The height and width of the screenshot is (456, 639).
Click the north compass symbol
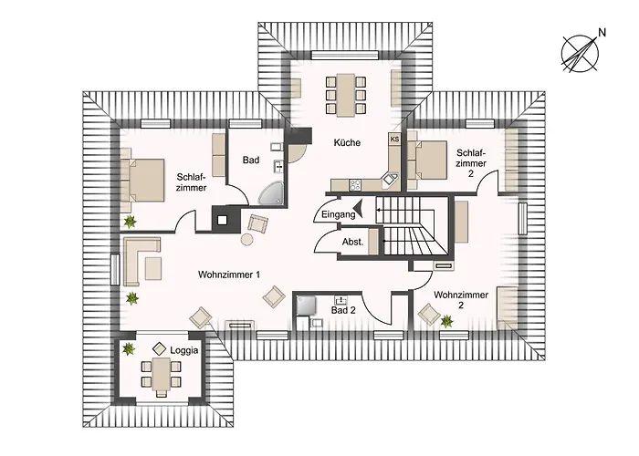[x=577, y=50]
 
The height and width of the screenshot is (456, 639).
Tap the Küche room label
[x=347, y=142]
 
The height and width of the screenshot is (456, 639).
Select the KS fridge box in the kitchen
[x=395, y=140]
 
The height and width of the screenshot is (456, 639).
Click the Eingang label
[x=332, y=214]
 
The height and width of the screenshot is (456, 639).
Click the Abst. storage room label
[x=352, y=242]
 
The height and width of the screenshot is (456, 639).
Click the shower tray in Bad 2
[x=306, y=305]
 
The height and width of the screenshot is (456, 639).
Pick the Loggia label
[x=183, y=349]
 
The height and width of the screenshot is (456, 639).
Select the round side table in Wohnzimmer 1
[x=246, y=239]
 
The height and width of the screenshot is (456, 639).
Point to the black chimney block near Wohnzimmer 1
[x=222, y=218]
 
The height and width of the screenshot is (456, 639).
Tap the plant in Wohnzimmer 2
[x=446, y=321]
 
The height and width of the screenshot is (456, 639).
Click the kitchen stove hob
[x=340, y=185]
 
